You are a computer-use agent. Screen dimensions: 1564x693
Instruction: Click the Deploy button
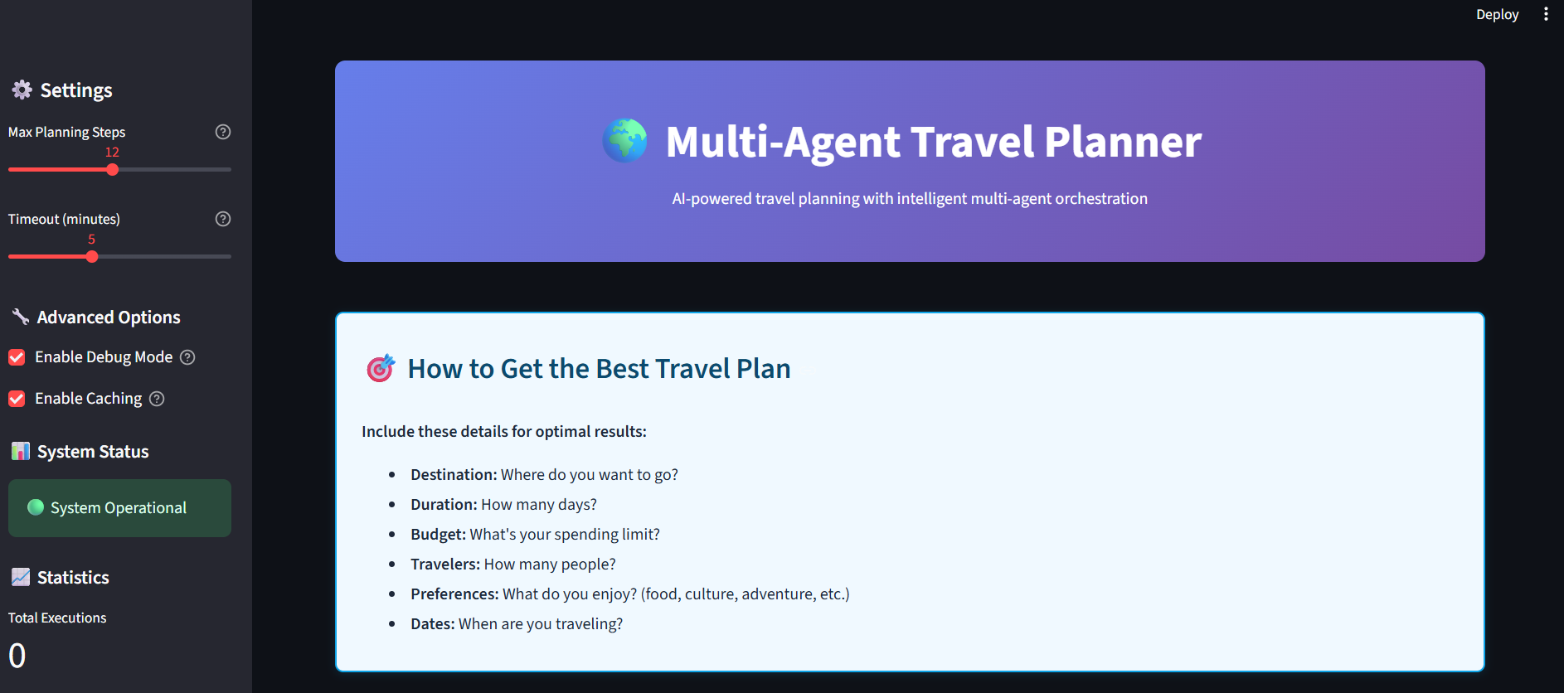[1497, 15]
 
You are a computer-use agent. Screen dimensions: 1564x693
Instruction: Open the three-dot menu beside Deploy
[1546, 14]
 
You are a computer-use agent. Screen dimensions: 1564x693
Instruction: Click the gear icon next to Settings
[22, 90]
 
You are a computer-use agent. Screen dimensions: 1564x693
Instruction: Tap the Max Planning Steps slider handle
[113, 170]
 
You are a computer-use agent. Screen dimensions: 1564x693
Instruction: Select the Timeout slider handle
[92, 257]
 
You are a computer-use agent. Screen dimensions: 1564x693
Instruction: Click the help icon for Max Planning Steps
[223, 132]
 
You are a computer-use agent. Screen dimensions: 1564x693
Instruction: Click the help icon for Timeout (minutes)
[223, 219]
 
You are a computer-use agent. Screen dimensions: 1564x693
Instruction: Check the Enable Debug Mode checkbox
[17, 357]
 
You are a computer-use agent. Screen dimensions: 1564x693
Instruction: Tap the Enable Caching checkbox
[17, 399]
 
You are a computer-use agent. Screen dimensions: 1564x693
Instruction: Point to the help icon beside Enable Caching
[157, 399]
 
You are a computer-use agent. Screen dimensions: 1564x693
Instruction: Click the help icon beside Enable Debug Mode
[187, 357]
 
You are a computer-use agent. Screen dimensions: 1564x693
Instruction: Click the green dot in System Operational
[36, 507]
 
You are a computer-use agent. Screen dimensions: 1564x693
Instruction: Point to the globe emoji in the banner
[625, 140]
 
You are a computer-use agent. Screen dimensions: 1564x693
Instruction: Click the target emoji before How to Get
[381, 368]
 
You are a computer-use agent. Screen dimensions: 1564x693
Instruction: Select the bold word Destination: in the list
[454, 474]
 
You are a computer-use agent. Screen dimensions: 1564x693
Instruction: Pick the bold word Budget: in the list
[439, 535]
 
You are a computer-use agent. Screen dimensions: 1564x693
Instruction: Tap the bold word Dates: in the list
[433, 623]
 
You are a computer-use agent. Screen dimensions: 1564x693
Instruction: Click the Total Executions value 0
[17, 656]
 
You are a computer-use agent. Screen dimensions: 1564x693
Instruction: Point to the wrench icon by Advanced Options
[21, 317]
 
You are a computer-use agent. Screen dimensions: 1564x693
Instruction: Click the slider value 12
[112, 152]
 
